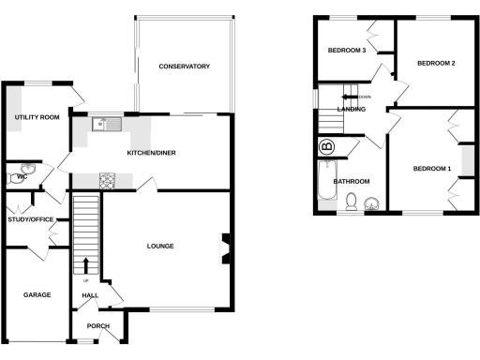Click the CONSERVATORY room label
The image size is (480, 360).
[x=184, y=67]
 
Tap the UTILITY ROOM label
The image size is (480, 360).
[x=37, y=117]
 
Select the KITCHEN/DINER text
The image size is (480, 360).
[x=152, y=152]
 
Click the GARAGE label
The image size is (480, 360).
[x=37, y=294]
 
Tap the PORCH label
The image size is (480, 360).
[x=98, y=326]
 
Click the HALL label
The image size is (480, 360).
[x=91, y=296]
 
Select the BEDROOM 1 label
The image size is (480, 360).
[x=432, y=169]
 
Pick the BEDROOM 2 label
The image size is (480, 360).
[x=436, y=64]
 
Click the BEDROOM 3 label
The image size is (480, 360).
[x=346, y=51]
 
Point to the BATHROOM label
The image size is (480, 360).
[x=352, y=181]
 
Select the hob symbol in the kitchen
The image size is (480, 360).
[x=107, y=180]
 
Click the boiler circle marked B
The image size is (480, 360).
[x=327, y=147]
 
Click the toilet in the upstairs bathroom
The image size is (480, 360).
[x=351, y=201]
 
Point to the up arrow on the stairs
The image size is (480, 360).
[x=86, y=266]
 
